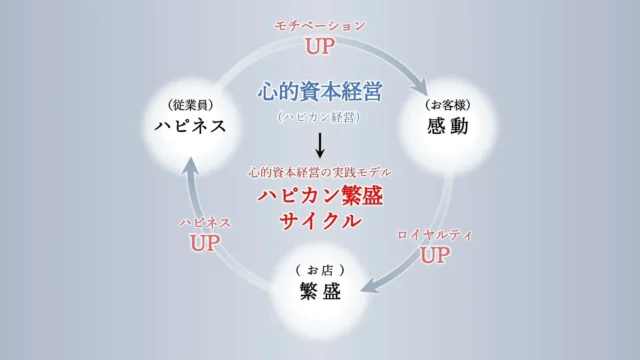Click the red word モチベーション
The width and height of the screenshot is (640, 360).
click(x=320, y=25)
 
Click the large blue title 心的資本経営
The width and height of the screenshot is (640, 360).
click(x=319, y=92)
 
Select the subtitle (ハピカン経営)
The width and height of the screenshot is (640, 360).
click(x=319, y=117)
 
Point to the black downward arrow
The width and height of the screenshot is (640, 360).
click(x=320, y=146)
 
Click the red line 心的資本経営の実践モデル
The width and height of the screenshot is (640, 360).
click(x=320, y=172)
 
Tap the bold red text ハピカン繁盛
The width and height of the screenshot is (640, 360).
click(x=320, y=195)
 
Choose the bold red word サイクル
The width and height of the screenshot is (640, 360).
click(x=320, y=221)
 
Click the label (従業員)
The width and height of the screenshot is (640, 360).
click(x=190, y=104)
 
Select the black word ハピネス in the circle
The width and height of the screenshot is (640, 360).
click(x=190, y=126)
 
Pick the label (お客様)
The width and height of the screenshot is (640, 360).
click(x=447, y=104)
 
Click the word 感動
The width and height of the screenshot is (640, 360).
click(x=447, y=127)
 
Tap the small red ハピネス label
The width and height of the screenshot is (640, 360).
click(x=205, y=222)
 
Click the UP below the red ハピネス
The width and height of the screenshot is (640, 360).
click(x=205, y=242)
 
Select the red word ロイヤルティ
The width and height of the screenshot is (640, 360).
click(x=434, y=234)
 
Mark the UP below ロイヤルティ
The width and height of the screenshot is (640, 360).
click(x=434, y=255)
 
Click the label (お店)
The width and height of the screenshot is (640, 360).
click(x=319, y=270)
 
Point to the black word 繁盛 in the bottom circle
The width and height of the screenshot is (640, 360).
click(x=319, y=292)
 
